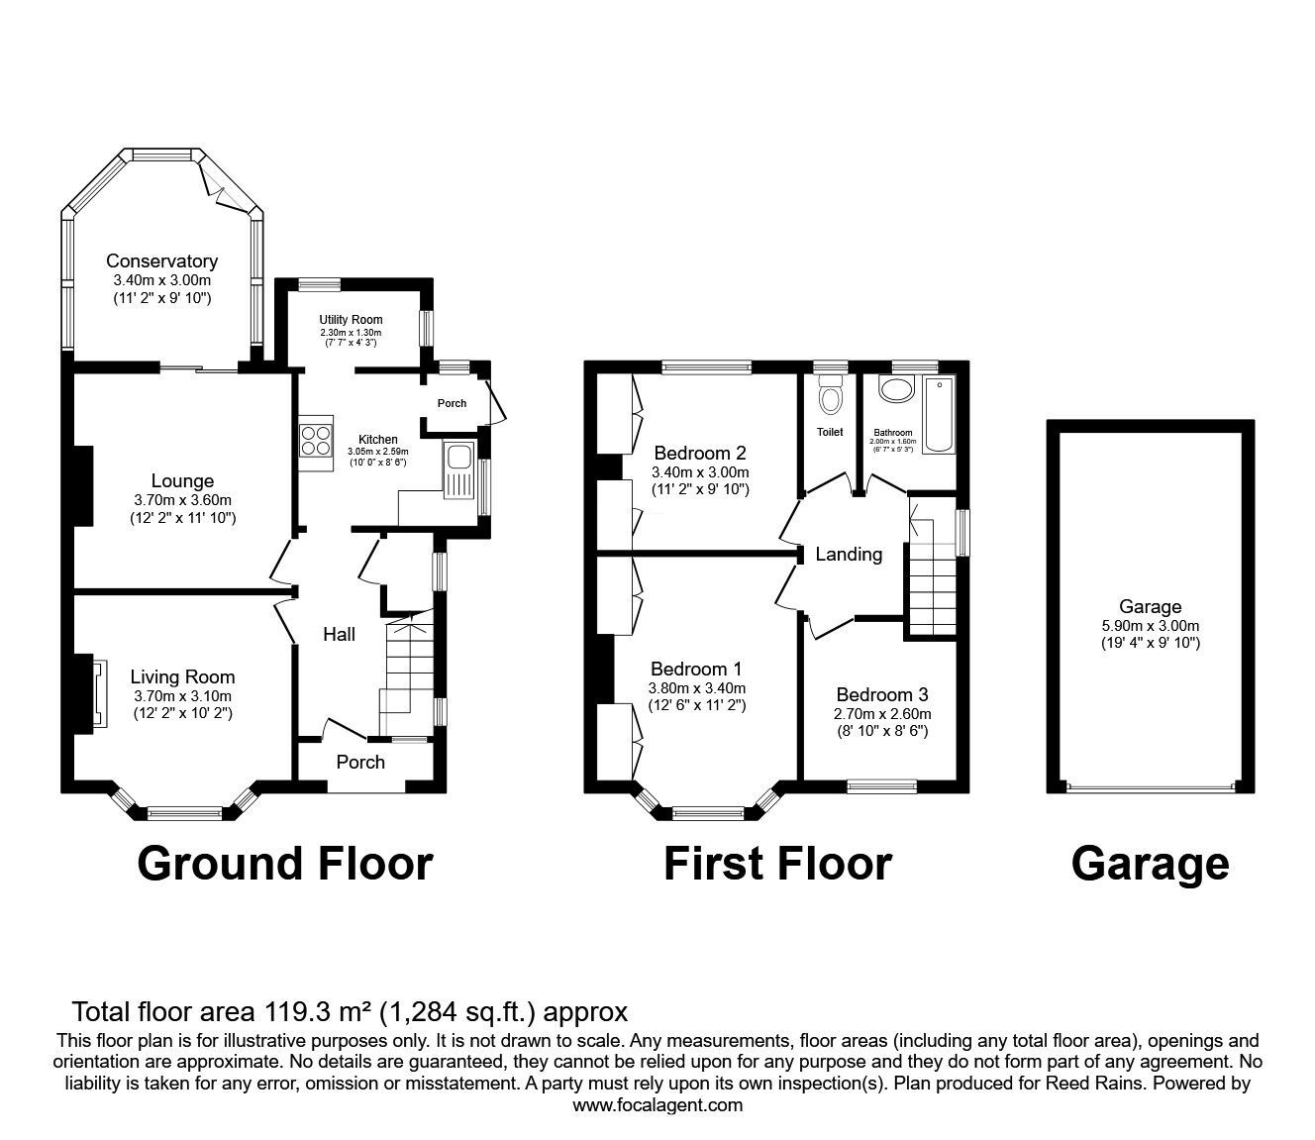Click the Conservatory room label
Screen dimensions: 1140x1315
pyautogui.click(x=161, y=261)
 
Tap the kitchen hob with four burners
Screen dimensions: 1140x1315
pyautogui.click(x=315, y=440)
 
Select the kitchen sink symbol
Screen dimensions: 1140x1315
pyautogui.click(x=459, y=459)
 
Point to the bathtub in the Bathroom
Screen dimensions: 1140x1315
pyautogui.click(x=937, y=415)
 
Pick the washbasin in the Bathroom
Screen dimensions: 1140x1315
pyautogui.click(x=896, y=389)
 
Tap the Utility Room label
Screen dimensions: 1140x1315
pyautogui.click(x=351, y=320)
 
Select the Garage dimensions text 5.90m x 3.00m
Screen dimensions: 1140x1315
pyautogui.click(x=1150, y=626)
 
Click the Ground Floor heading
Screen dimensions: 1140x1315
pyautogui.click(x=284, y=864)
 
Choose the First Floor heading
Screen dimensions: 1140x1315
pyautogui.click(x=776, y=864)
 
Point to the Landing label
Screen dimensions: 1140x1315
pyautogui.click(x=849, y=555)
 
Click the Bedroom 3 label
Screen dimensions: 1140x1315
pyautogui.click(x=881, y=695)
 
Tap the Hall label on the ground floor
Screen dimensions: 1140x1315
pyautogui.click(x=339, y=635)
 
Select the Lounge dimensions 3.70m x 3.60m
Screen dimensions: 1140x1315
pyautogui.click(x=182, y=500)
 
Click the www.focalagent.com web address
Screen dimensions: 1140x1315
pyautogui.click(x=657, y=1105)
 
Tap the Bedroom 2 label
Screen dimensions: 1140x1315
pyautogui.click(x=699, y=455)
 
